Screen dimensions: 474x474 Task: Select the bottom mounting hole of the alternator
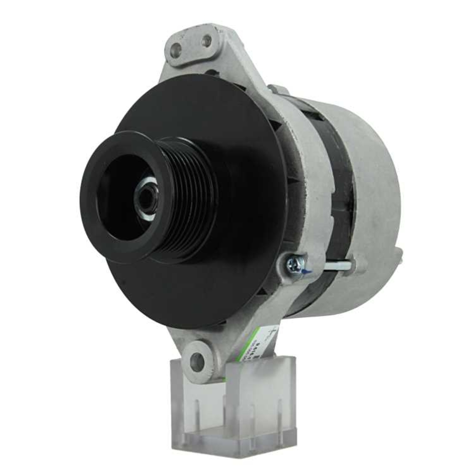pyautogui.click(x=197, y=362)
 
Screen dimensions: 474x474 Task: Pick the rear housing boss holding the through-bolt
pyautogui.click(x=358, y=265)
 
